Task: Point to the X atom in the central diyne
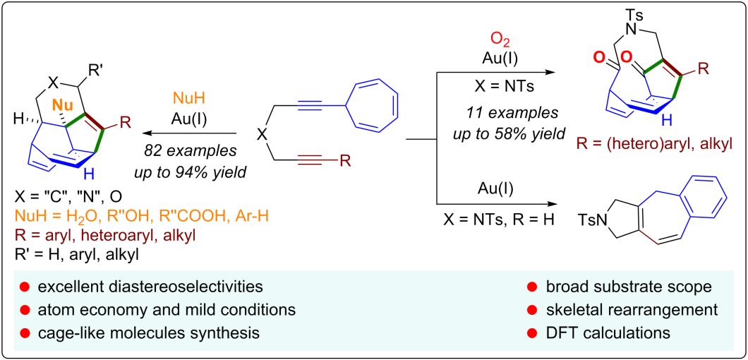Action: coord(261,136)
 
